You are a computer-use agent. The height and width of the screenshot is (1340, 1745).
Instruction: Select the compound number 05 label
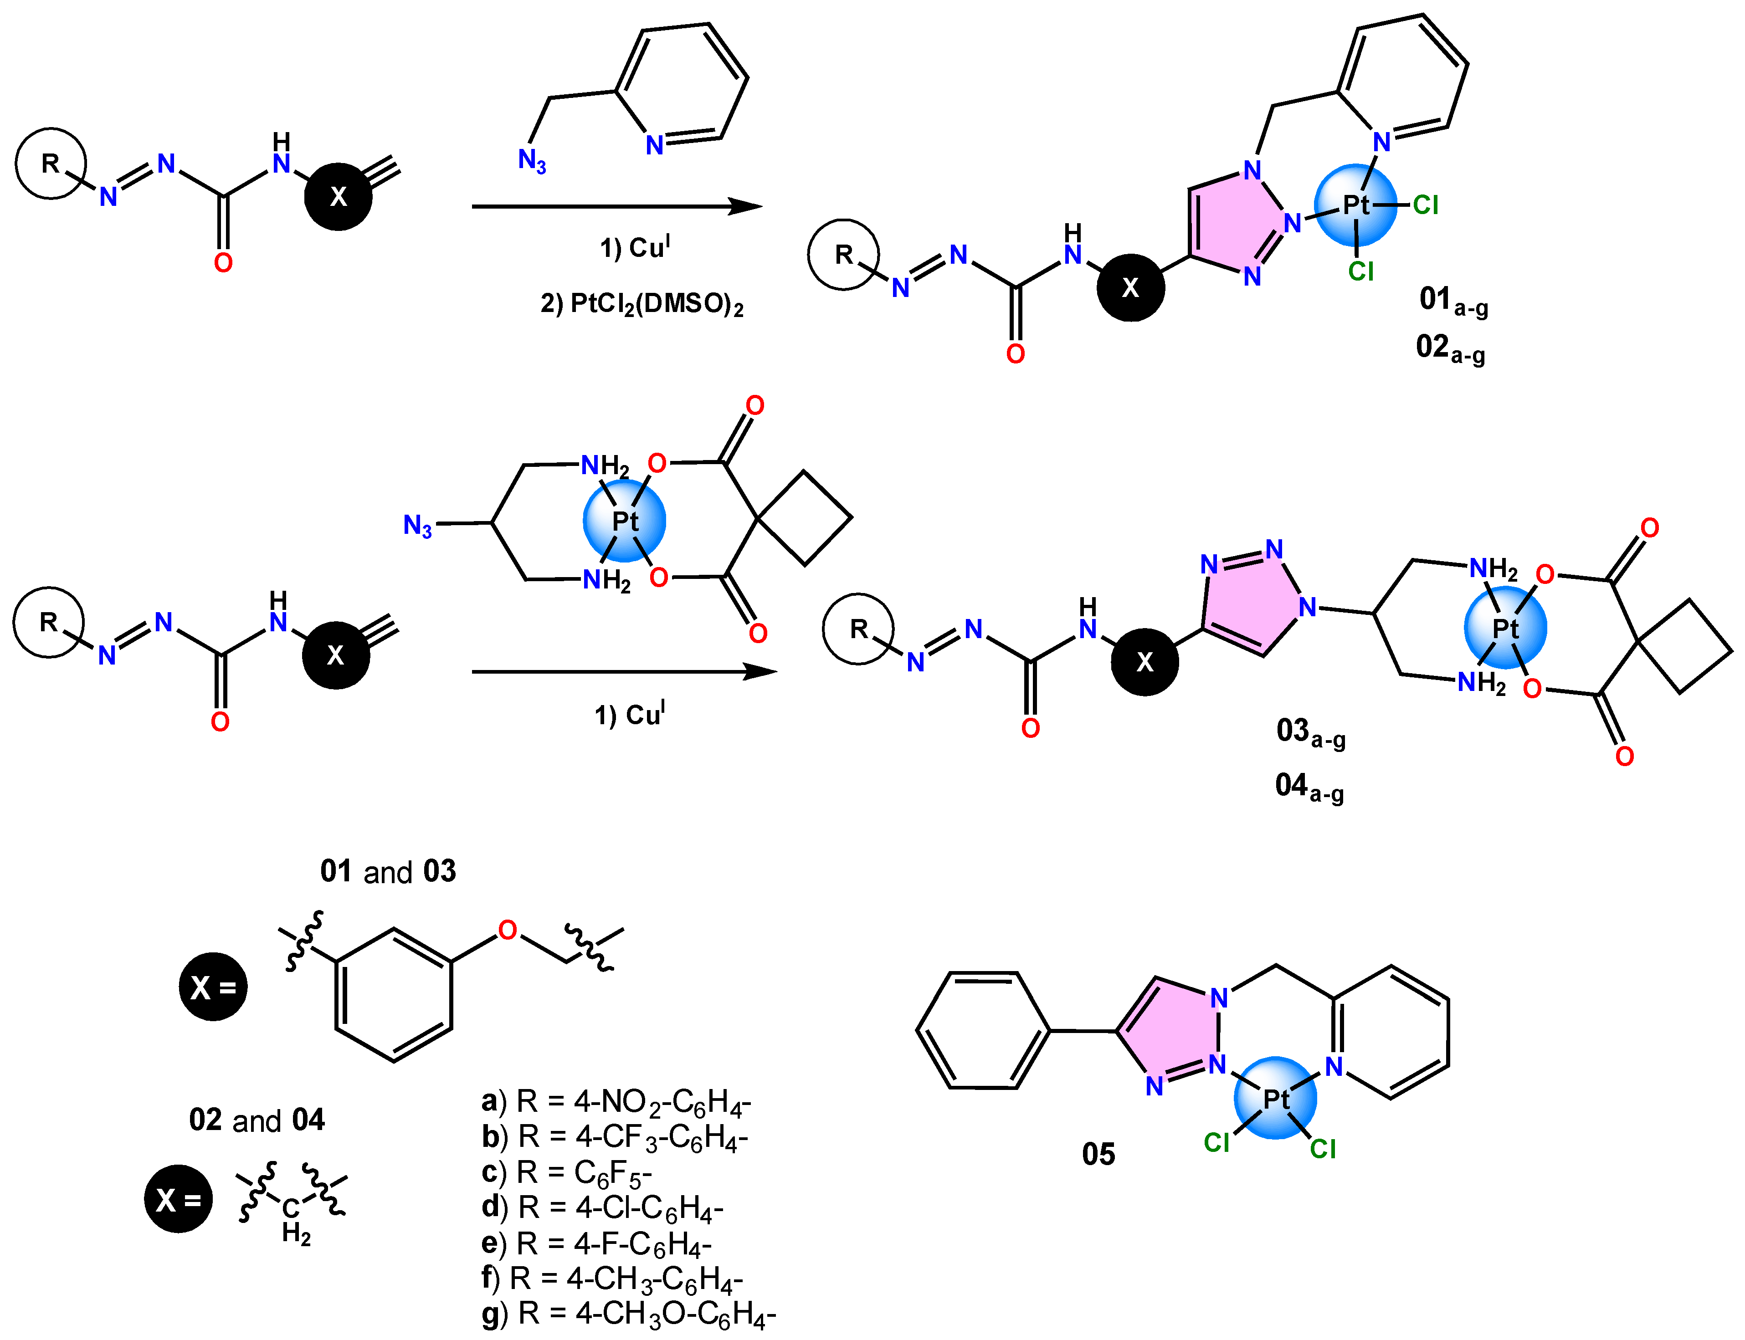coord(1098,1154)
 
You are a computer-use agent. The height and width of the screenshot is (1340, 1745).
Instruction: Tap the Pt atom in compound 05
coord(1275,1099)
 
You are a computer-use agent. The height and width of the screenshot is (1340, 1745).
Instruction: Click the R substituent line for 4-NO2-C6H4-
coord(616,1101)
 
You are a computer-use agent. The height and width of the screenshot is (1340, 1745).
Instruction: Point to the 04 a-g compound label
coord(1309,787)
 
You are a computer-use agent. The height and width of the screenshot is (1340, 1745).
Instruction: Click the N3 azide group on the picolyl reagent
coord(531,161)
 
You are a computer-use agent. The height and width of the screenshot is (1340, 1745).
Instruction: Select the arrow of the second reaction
coord(623,672)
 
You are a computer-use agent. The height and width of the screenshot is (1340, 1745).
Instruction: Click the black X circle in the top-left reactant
coord(339,196)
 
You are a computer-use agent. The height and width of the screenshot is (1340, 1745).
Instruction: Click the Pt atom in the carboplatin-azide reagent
coord(625,522)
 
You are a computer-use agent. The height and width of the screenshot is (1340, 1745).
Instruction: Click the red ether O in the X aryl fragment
coord(508,930)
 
